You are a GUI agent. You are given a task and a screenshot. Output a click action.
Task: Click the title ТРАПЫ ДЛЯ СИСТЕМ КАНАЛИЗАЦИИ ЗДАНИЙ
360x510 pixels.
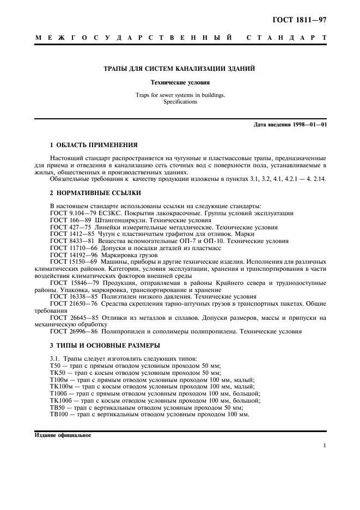(x=180, y=69)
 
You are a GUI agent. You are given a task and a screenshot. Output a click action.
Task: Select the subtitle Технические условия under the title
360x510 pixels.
(x=180, y=83)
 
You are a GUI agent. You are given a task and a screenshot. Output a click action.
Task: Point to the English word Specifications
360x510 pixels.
(x=180, y=102)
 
